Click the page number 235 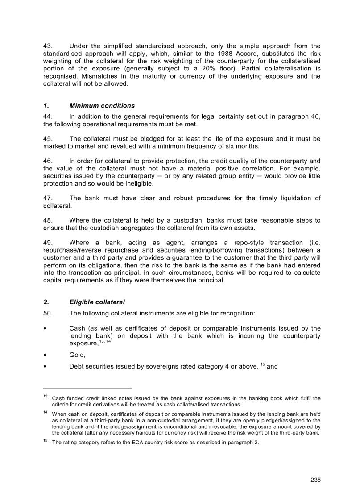[315, 480]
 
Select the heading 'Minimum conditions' [102, 106]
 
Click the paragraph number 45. [48, 139]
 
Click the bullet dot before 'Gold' [45, 355]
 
